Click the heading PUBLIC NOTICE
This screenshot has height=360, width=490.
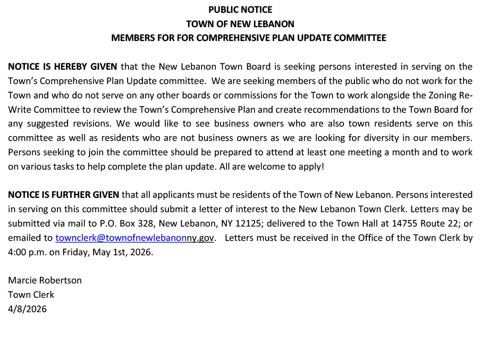coord(240,10)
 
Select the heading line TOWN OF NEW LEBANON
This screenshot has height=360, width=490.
coord(240,24)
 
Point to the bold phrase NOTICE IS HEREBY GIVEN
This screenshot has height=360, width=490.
coord(62,67)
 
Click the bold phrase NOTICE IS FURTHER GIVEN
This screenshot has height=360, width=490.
coord(64,195)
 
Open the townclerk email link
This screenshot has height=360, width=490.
coord(135,238)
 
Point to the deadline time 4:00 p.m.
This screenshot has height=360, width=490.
coord(27,253)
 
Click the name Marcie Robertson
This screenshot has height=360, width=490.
coord(45,281)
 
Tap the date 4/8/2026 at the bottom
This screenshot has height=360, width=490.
coord(27,309)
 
